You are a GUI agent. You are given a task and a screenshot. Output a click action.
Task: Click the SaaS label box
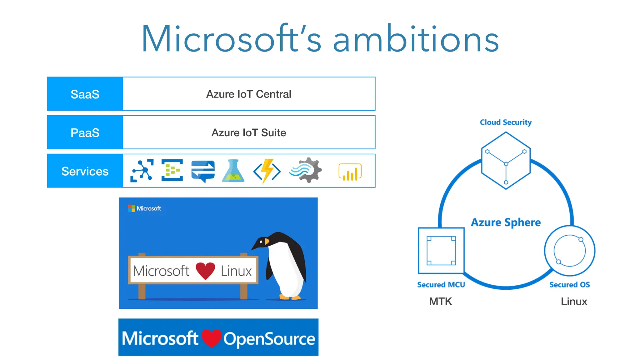85,94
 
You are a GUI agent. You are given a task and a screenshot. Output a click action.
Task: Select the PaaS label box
85,132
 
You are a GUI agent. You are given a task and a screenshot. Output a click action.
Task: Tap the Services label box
85,171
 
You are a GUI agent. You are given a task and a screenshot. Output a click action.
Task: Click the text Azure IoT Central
248,94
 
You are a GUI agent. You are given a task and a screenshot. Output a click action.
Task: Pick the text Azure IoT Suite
248,132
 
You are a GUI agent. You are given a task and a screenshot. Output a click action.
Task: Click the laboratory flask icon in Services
233,171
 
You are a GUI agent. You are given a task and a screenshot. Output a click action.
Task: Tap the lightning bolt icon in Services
267,171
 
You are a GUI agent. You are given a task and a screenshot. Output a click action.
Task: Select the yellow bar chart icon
350,172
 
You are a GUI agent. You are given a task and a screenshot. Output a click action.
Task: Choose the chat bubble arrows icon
203,171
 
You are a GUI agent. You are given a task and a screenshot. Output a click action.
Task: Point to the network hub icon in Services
142,171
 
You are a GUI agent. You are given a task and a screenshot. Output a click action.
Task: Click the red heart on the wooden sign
205,270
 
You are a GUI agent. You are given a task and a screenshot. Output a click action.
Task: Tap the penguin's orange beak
267,242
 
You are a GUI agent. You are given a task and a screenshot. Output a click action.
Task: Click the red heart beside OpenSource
212,338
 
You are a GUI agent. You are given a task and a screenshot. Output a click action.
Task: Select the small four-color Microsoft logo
131,208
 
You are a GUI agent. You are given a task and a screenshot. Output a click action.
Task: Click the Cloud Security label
505,122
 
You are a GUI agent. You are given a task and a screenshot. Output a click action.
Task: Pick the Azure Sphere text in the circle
506,222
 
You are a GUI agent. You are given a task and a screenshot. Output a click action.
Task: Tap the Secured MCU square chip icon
441,251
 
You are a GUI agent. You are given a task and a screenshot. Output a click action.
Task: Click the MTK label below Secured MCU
440,302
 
